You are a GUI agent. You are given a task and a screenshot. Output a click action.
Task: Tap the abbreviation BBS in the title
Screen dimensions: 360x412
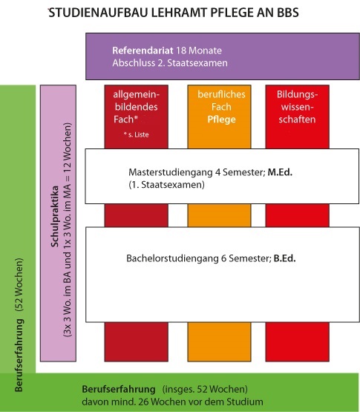pos(288,13)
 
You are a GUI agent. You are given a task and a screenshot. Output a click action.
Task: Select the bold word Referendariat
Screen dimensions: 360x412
pos(143,50)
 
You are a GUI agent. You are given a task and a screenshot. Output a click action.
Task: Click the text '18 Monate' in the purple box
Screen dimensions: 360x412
pos(199,50)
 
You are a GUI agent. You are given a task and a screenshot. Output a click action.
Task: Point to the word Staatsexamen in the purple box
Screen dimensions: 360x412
pos(197,63)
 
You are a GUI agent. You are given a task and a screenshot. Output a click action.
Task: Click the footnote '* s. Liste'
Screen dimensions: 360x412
pos(136,135)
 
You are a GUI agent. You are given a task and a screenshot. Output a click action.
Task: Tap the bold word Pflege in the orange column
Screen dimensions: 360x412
pos(221,120)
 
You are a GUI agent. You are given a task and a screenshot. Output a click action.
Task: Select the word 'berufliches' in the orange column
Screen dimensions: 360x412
pos(221,94)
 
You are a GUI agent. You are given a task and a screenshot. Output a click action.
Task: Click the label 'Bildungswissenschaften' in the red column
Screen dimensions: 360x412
pos(297,107)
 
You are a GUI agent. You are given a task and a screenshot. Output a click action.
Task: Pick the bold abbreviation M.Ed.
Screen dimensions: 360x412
pos(280,172)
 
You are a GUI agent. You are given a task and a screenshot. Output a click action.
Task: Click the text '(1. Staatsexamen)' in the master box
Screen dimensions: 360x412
pos(166,185)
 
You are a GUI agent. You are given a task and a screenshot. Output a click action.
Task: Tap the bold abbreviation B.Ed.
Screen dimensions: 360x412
pos(284,258)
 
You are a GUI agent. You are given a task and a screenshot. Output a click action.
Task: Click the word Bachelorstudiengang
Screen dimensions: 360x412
pos(172,258)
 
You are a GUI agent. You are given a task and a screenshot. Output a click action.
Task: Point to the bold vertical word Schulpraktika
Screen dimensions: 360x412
pos(55,217)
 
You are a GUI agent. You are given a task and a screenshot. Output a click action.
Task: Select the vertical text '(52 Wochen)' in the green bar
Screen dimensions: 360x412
pos(19,285)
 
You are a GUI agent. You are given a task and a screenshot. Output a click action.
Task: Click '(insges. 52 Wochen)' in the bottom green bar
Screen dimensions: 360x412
pos(205,389)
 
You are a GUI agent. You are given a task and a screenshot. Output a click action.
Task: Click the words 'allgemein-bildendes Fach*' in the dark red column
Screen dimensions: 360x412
pos(136,107)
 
